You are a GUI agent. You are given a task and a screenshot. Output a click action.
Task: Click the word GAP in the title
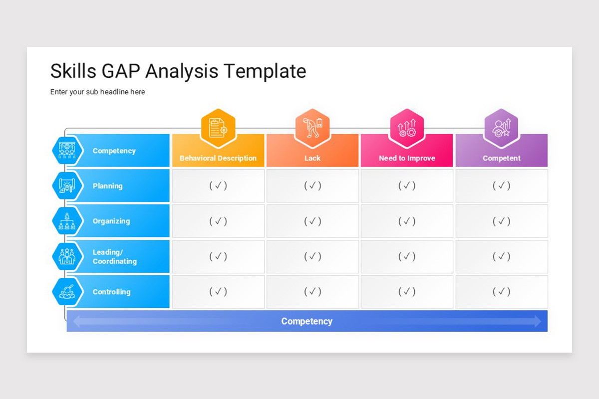coord(121,71)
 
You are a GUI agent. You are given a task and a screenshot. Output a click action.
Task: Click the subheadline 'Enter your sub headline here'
coord(97,92)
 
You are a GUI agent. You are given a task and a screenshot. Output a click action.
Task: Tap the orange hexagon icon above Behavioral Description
coord(218,128)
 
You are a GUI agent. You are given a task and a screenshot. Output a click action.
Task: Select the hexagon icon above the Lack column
coord(312,128)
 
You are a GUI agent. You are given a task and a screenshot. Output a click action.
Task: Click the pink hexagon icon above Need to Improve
coord(407,128)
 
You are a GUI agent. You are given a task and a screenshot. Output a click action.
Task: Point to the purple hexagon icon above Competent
coord(501,128)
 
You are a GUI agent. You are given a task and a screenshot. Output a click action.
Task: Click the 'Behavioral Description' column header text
coord(218,158)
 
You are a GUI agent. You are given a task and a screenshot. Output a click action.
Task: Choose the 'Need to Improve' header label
coord(407,158)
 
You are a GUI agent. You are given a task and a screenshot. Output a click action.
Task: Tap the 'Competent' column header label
coord(501,158)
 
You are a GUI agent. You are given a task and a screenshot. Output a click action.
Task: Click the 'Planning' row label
coord(107,186)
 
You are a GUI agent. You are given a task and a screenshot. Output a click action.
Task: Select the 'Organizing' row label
coord(111,221)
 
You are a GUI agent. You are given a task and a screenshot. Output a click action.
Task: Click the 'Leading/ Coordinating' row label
coord(114,257)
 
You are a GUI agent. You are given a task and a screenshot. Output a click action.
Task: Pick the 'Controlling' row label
coord(111,292)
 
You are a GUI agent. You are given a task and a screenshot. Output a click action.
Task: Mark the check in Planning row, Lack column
coord(312,186)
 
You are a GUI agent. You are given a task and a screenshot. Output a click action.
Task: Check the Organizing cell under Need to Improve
coord(407,221)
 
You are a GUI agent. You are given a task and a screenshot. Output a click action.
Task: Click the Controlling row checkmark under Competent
coord(501,291)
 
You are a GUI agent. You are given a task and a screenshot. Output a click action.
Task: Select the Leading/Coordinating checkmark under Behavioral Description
coord(218,256)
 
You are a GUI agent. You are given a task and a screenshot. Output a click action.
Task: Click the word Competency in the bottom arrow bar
coord(306,321)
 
